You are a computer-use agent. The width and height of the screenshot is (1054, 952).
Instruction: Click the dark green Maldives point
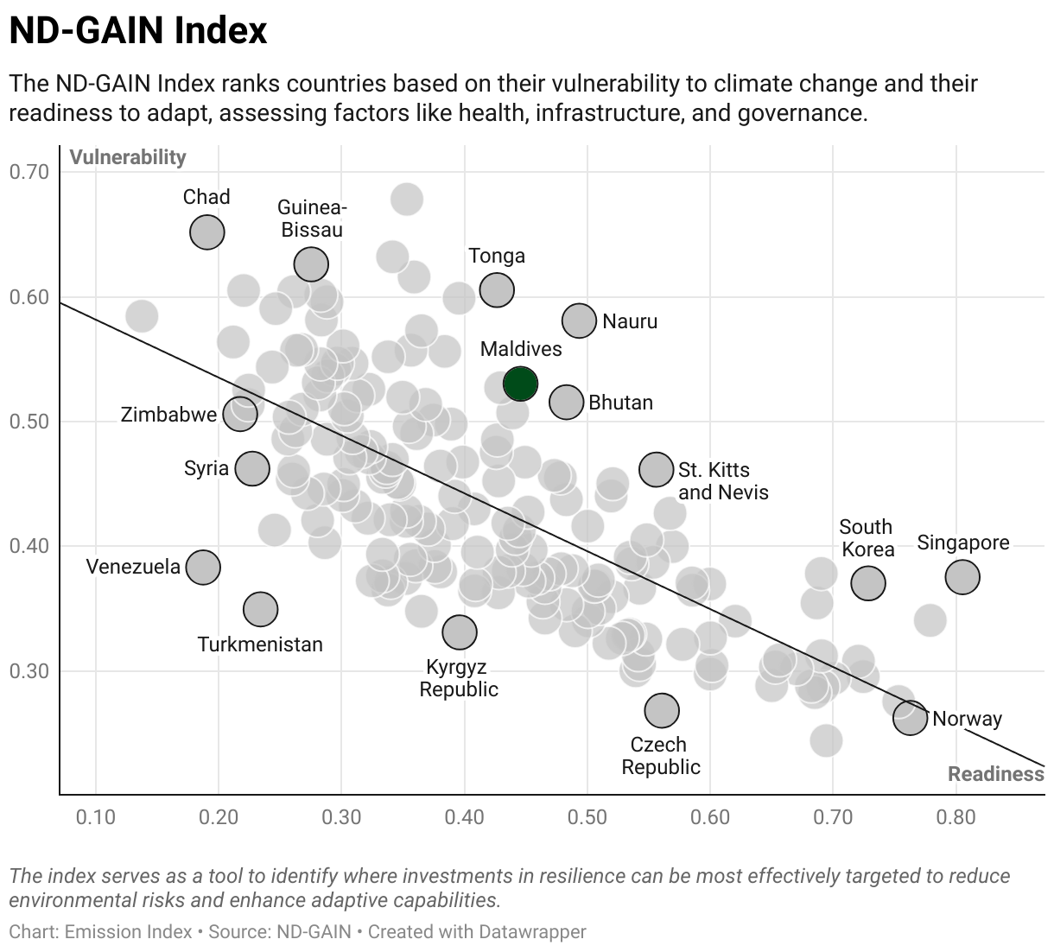[x=520, y=384]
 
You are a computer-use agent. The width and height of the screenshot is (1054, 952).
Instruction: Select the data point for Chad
[x=207, y=232]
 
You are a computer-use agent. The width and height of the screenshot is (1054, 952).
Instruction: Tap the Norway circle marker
[x=910, y=718]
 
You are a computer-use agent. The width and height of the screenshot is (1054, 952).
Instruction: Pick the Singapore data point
[x=962, y=577]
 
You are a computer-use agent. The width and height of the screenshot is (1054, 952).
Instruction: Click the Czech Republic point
[x=662, y=711]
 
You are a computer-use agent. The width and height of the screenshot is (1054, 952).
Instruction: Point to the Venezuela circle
[x=203, y=568]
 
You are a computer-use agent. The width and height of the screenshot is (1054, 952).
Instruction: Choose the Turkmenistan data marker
[x=261, y=609]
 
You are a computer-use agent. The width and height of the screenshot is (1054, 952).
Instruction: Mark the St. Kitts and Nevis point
[x=657, y=469]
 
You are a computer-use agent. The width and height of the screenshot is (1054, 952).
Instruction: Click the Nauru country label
[x=630, y=321]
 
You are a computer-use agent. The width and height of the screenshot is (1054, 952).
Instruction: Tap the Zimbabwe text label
[x=168, y=415]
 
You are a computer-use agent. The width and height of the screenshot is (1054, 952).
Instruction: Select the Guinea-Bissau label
[x=312, y=219]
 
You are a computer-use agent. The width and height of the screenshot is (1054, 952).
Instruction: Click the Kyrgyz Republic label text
[x=459, y=678]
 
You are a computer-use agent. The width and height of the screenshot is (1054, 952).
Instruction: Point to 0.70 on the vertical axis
[x=29, y=172]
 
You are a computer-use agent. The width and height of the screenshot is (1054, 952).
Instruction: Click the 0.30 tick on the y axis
[x=29, y=671]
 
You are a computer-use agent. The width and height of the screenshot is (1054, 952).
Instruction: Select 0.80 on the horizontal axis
[x=956, y=817]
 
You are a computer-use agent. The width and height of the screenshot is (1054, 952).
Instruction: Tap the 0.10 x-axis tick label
[x=96, y=817]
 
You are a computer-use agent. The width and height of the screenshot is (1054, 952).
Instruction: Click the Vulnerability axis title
[x=128, y=157]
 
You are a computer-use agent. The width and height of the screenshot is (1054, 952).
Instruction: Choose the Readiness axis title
[x=996, y=774]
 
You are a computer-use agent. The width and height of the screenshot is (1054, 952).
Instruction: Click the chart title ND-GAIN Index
[x=138, y=30]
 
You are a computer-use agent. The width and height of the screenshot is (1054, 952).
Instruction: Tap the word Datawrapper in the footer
[x=531, y=931]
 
